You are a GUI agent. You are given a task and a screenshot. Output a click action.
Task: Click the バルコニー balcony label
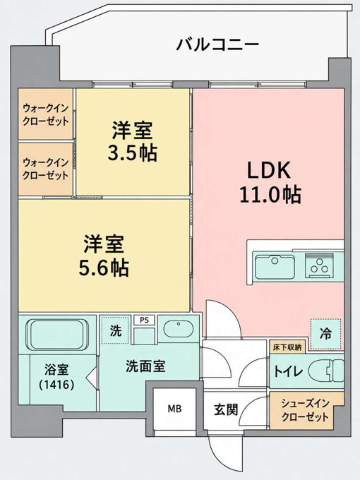217,45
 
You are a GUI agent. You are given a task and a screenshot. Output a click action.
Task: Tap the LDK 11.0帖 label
270,182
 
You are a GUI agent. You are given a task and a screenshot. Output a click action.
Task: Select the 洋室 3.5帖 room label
132,141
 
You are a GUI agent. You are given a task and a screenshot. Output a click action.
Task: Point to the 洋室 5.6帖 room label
104,256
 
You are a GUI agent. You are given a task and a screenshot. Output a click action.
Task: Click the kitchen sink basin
275,267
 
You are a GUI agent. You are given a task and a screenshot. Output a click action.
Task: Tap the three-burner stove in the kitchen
320,265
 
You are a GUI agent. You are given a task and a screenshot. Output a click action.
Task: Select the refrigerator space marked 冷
325,334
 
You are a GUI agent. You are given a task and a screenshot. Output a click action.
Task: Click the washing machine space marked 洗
116,330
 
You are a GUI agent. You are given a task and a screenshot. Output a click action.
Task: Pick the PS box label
144,320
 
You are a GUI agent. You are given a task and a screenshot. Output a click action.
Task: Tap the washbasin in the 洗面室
178,329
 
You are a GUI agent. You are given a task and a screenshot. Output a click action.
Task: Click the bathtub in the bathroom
58,335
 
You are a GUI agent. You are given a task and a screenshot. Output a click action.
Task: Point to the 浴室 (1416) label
56,377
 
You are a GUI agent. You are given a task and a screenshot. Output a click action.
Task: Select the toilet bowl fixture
326,371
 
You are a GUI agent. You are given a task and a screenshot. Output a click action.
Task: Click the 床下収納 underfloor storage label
287,347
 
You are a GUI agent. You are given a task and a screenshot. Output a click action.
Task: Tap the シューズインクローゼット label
305,410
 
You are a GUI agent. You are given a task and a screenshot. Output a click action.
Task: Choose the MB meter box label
174,409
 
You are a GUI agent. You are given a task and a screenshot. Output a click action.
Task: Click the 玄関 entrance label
226,409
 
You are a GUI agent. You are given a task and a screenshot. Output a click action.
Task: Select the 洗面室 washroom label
145,366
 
